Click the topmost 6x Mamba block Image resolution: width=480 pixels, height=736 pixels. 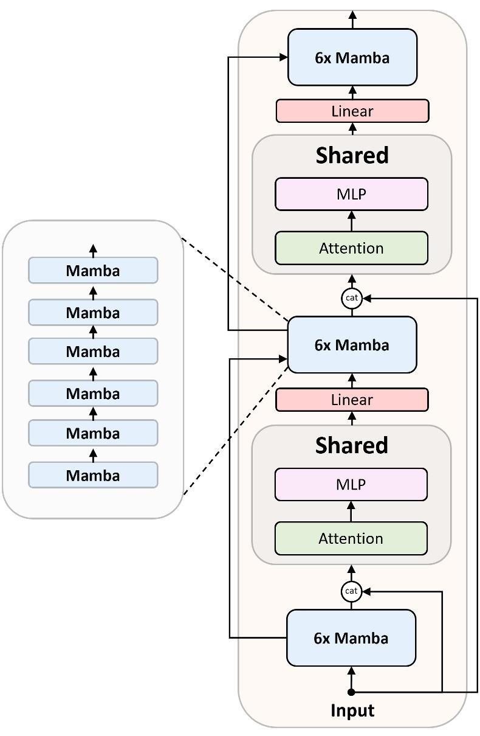click(x=352, y=57)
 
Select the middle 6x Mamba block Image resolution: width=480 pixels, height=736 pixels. click(x=352, y=344)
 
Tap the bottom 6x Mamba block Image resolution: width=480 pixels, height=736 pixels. click(x=351, y=637)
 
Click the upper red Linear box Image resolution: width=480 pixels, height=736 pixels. click(x=352, y=111)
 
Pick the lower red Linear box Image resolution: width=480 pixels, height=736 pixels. click(x=352, y=400)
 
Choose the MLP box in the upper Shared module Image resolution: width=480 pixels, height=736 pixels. click(x=351, y=194)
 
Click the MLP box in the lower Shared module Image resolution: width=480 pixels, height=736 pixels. click(x=351, y=484)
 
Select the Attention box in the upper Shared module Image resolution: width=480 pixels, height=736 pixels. click(x=351, y=248)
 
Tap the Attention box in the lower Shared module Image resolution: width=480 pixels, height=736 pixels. click(x=351, y=538)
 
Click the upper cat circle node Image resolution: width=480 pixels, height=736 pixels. click(x=352, y=298)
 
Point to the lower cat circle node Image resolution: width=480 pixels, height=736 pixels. click(x=352, y=591)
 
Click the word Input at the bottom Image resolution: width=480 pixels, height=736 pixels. click(x=352, y=710)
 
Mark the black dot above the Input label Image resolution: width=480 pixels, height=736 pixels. click(x=351, y=692)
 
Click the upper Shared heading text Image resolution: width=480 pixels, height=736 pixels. click(x=352, y=156)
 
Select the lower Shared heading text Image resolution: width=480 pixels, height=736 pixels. click(x=352, y=445)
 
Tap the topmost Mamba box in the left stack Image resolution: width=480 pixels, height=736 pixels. click(x=93, y=270)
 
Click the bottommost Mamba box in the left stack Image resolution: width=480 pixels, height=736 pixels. click(x=93, y=474)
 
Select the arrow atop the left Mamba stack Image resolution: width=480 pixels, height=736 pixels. click(x=93, y=249)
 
